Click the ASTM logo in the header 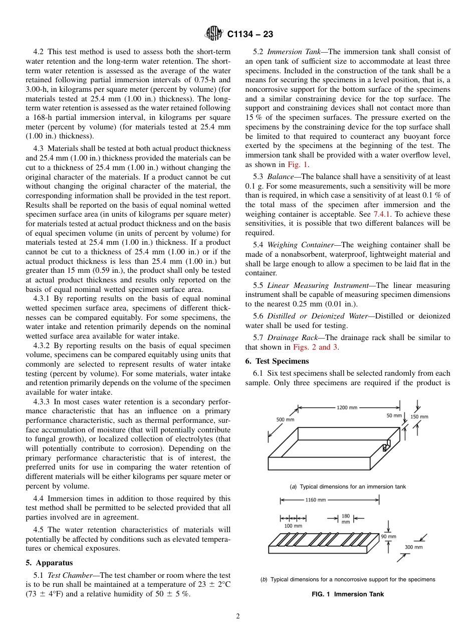tap(214, 34)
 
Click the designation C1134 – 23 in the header tap(250, 35)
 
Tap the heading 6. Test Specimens tap(277, 361)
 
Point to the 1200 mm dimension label tap(347, 407)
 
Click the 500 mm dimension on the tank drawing tap(285, 419)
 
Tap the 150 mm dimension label tap(419, 416)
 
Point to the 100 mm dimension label tap(293, 526)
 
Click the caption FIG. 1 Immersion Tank tap(348, 594)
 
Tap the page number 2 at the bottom tap(238, 617)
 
